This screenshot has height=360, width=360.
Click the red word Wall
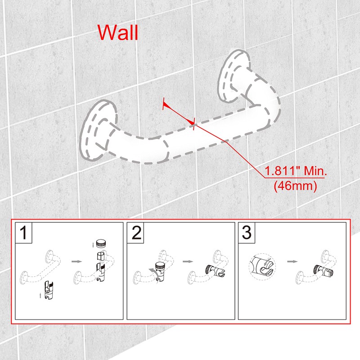pyautogui.click(x=118, y=32)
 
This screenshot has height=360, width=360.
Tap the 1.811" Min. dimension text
pyautogui.click(x=297, y=171)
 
